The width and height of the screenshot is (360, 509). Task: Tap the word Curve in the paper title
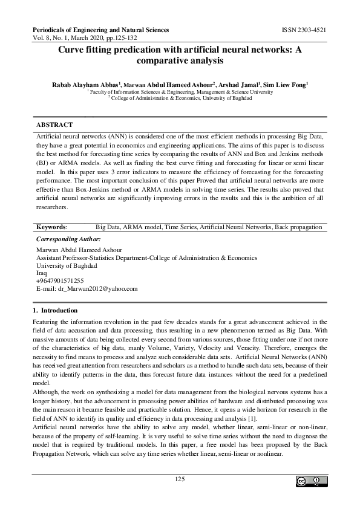coord(71,51)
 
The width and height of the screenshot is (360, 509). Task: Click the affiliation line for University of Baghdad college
coord(180,98)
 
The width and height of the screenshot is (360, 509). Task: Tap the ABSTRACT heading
coord(54,124)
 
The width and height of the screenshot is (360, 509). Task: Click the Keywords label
coord(51,227)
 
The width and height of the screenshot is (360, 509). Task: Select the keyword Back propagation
coord(298,227)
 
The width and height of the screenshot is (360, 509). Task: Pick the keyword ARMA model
coord(142,227)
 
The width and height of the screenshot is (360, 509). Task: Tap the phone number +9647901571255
coord(60,280)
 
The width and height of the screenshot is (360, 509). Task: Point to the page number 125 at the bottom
coord(179,479)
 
